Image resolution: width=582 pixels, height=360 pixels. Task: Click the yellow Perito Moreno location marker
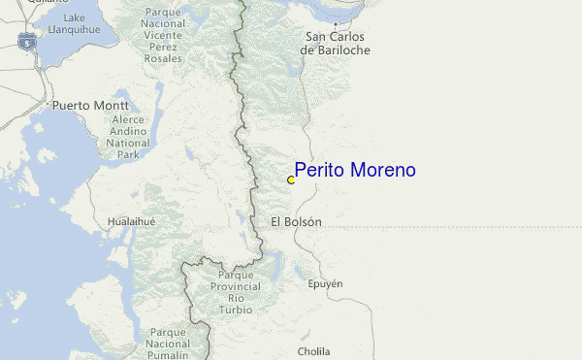coord(291,180)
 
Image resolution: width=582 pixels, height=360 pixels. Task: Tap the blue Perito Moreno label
coord(355,170)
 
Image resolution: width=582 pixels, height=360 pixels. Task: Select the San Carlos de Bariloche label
coord(337,44)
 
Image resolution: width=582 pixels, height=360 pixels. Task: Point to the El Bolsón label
coord(296,222)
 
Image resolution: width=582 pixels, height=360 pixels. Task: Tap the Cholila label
coord(313,351)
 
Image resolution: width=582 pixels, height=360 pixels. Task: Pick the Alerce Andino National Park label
coord(127,135)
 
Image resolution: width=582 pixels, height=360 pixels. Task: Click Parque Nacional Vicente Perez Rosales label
coord(162,35)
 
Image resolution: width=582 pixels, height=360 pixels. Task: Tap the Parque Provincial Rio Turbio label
coord(236,292)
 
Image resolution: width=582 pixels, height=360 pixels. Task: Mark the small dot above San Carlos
coord(336,23)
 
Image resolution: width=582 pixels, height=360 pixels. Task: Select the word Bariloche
coord(337,50)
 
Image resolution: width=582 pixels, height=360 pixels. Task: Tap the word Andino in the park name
coord(127,130)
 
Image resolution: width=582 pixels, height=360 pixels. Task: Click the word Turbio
coord(236,310)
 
